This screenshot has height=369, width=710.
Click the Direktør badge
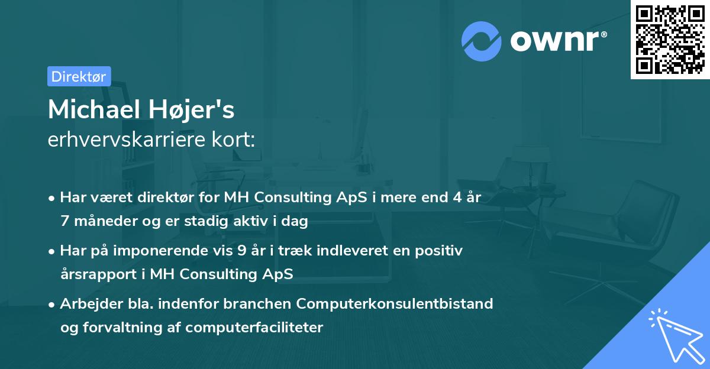pyautogui.click(x=79, y=76)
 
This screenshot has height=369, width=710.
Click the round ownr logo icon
pyautogui.click(x=482, y=41)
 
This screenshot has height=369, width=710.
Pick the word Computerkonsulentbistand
pyautogui.click(x=395, y=304)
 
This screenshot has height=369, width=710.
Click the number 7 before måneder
pyautogui.click(x=64, y=221)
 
